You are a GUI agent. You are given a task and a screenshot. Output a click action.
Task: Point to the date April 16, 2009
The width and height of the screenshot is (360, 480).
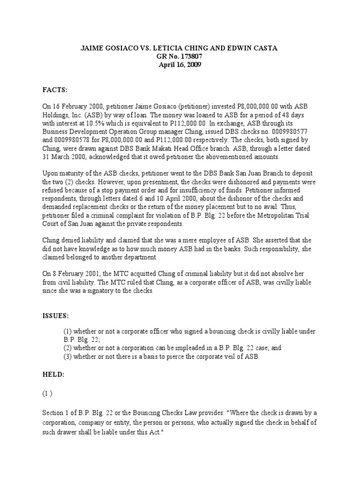[x=180, y=65]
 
